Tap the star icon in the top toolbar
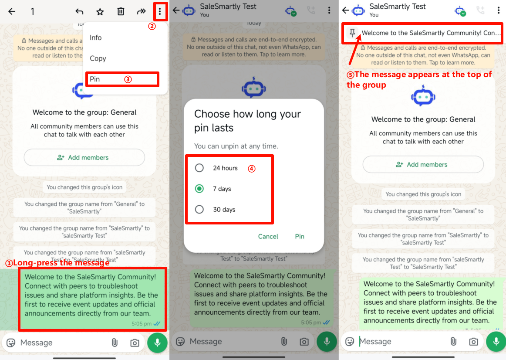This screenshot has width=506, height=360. coord(100,12)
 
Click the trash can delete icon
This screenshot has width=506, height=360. coord(121,12)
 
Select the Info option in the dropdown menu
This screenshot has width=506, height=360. coord(95,38)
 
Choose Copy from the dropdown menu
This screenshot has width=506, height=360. coord(98,58)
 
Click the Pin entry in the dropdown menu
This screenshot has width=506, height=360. coord(94,79)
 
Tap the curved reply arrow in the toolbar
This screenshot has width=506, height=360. coord(79,12)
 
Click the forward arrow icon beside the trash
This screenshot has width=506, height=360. coord(142,12)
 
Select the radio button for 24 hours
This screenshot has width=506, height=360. coord(199,168)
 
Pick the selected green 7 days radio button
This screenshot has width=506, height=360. coord(199,189)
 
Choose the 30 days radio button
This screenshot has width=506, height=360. coord(199,209)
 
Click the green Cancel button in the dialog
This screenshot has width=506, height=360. coord(268,236)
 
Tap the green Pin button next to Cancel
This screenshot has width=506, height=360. coord(300,236)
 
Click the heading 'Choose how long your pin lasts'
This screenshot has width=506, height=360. coord(247,121)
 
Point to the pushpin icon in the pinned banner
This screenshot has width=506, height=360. coord(352,33)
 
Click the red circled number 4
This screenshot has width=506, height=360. coord(251,169)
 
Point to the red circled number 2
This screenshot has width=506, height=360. coord(152,26)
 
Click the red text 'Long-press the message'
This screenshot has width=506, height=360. coord(61,263)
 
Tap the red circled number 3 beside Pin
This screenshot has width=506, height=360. coord(128,79)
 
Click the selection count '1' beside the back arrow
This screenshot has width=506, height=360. coord(32,12)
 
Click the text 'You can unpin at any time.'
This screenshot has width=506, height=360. coord(236,146)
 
